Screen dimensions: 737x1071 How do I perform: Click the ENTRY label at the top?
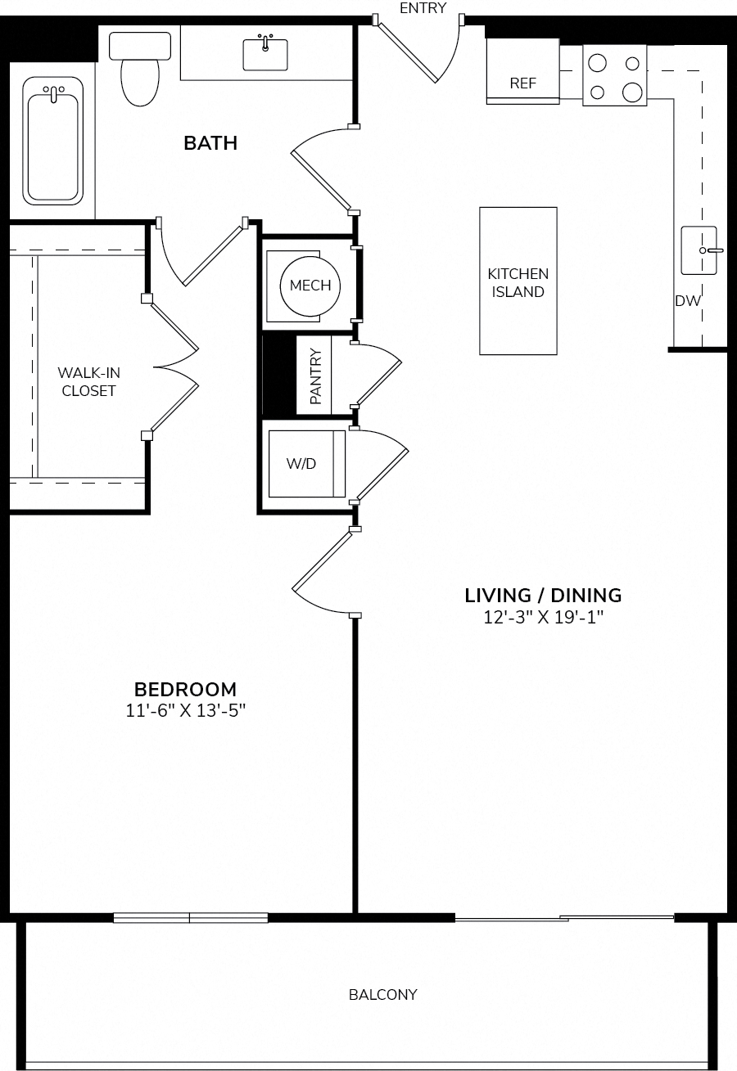423,7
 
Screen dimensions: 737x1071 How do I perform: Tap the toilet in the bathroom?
140,69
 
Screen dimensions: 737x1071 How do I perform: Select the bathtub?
52,141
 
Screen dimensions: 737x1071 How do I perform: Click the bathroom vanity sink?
265,54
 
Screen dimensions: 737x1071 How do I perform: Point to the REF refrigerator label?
523,83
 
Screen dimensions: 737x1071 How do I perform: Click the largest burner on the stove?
632,92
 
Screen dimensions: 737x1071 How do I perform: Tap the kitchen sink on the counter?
699,250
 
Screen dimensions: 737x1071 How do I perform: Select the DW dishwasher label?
688,301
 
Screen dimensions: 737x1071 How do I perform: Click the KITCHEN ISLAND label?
518,282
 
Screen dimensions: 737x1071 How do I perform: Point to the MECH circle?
310,286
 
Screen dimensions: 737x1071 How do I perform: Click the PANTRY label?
316,376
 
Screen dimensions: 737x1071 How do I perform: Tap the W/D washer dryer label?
301,463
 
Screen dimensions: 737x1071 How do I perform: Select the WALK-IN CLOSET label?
88,381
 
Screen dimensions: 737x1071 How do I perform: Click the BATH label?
210,143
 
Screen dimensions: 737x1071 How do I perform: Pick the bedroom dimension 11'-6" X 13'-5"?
186,710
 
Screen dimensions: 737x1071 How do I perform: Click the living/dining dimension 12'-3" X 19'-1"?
543,617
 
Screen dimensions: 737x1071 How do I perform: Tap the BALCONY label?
383,995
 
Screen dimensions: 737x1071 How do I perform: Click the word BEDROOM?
186,690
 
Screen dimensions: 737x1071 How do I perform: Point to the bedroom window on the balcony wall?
191,917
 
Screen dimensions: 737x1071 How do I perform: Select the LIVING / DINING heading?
543,596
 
